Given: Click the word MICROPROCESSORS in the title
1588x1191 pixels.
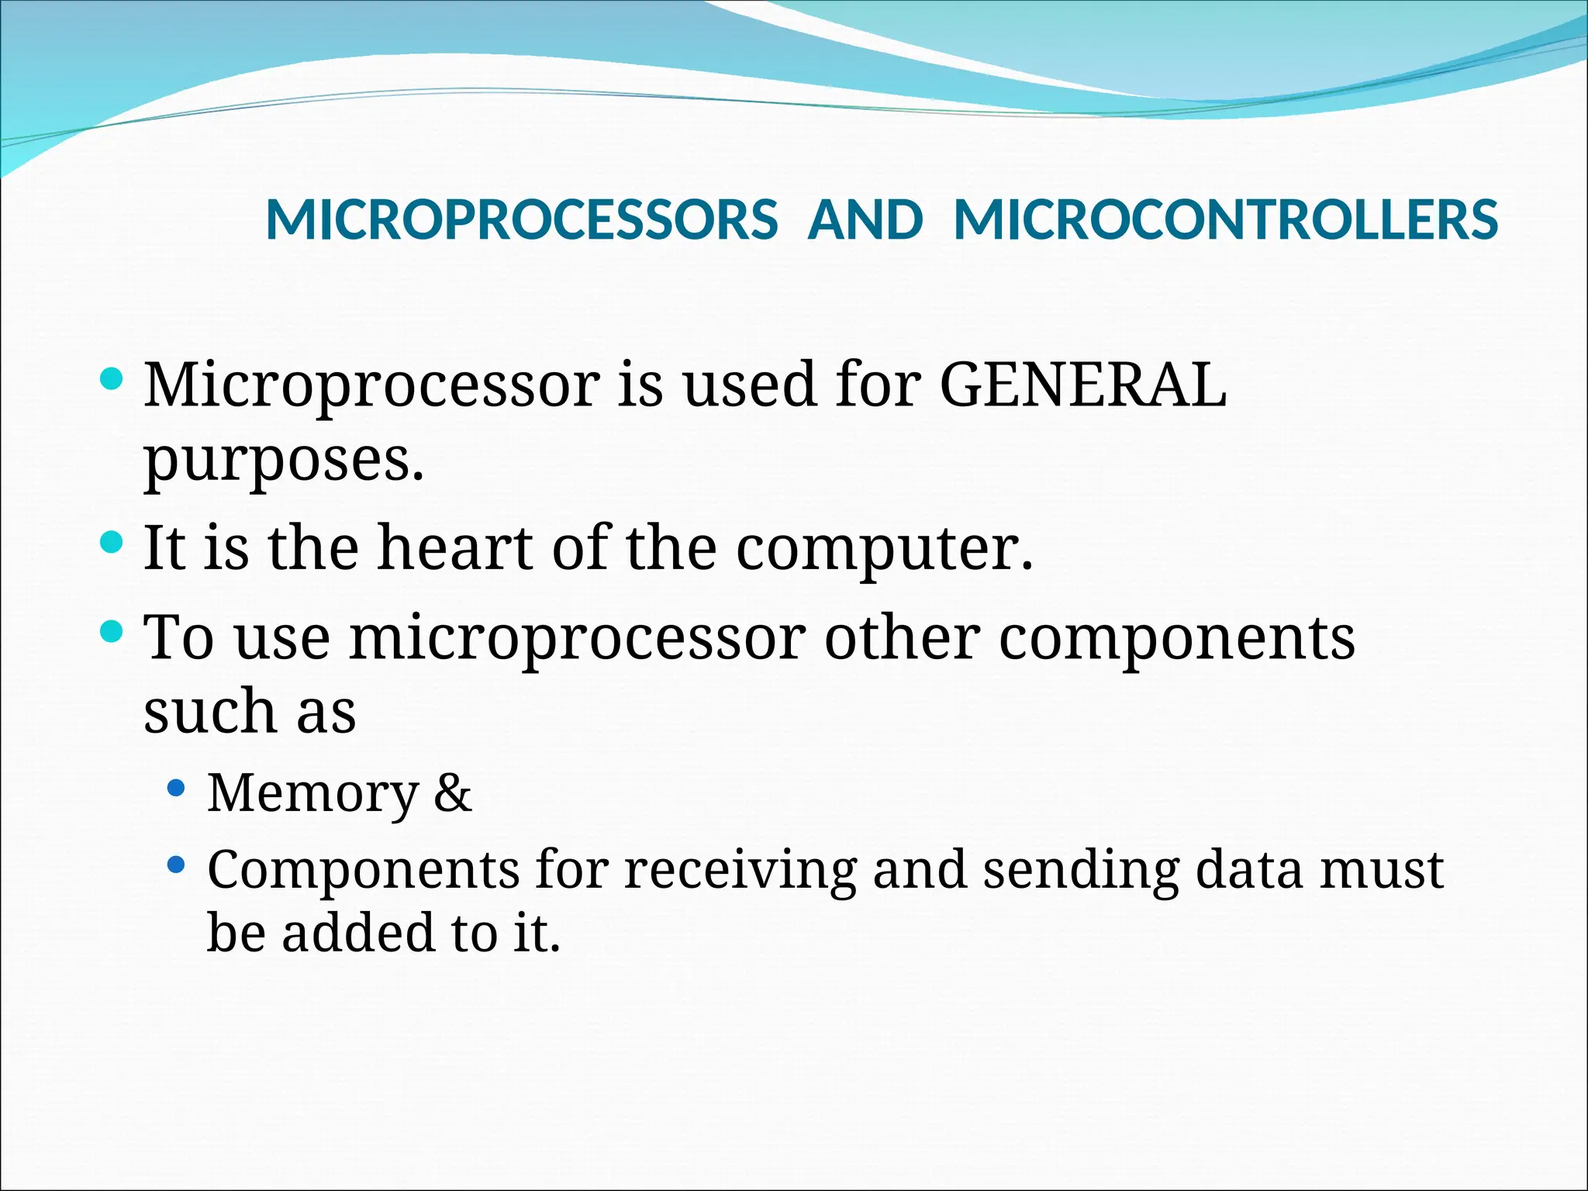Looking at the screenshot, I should coord(521,220).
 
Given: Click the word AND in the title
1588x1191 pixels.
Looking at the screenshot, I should coord(865,220).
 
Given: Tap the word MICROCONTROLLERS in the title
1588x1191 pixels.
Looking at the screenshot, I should coord(1225,220).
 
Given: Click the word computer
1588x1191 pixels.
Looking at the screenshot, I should coord(884,549).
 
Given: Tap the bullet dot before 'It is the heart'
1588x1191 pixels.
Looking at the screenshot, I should coord(112,542).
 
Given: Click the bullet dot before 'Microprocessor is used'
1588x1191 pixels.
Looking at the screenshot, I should coord(112,379).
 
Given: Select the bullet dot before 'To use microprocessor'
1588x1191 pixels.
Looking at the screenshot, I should coord(112,631).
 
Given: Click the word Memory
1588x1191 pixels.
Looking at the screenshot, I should coord(312,794).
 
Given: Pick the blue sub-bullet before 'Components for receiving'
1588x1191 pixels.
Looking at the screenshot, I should coord(177,864).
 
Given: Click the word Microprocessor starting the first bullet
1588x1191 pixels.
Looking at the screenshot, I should coord(371,386).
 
